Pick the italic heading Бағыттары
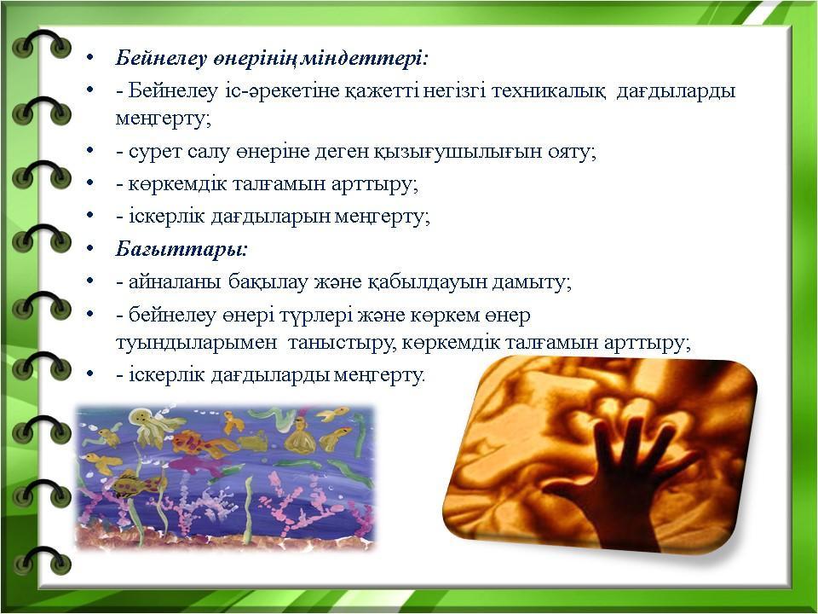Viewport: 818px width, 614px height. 181,249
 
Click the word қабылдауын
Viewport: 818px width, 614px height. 420,282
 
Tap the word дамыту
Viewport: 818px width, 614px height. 526,282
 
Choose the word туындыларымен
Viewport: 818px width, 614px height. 196,344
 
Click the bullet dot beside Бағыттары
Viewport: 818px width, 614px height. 91,248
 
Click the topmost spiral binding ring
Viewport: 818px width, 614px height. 42,43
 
